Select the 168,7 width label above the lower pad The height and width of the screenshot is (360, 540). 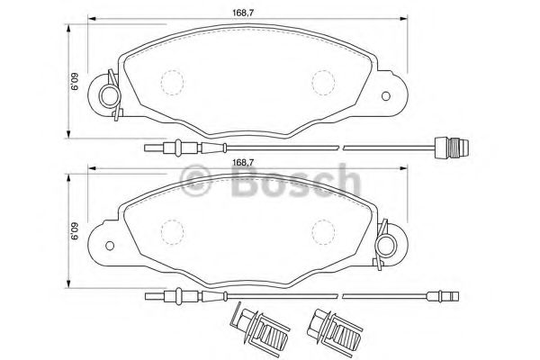(243, 162)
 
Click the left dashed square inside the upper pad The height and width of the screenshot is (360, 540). (168, 82)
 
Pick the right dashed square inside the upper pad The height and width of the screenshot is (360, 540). (322, 82)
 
